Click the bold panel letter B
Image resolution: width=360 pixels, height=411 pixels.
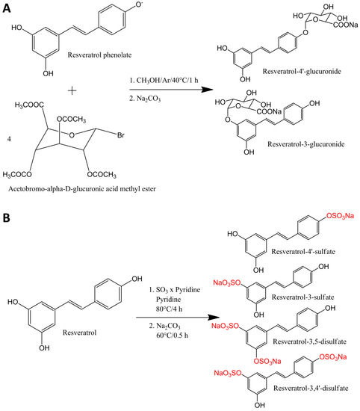pyautogui.click(x=7, y=222)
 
